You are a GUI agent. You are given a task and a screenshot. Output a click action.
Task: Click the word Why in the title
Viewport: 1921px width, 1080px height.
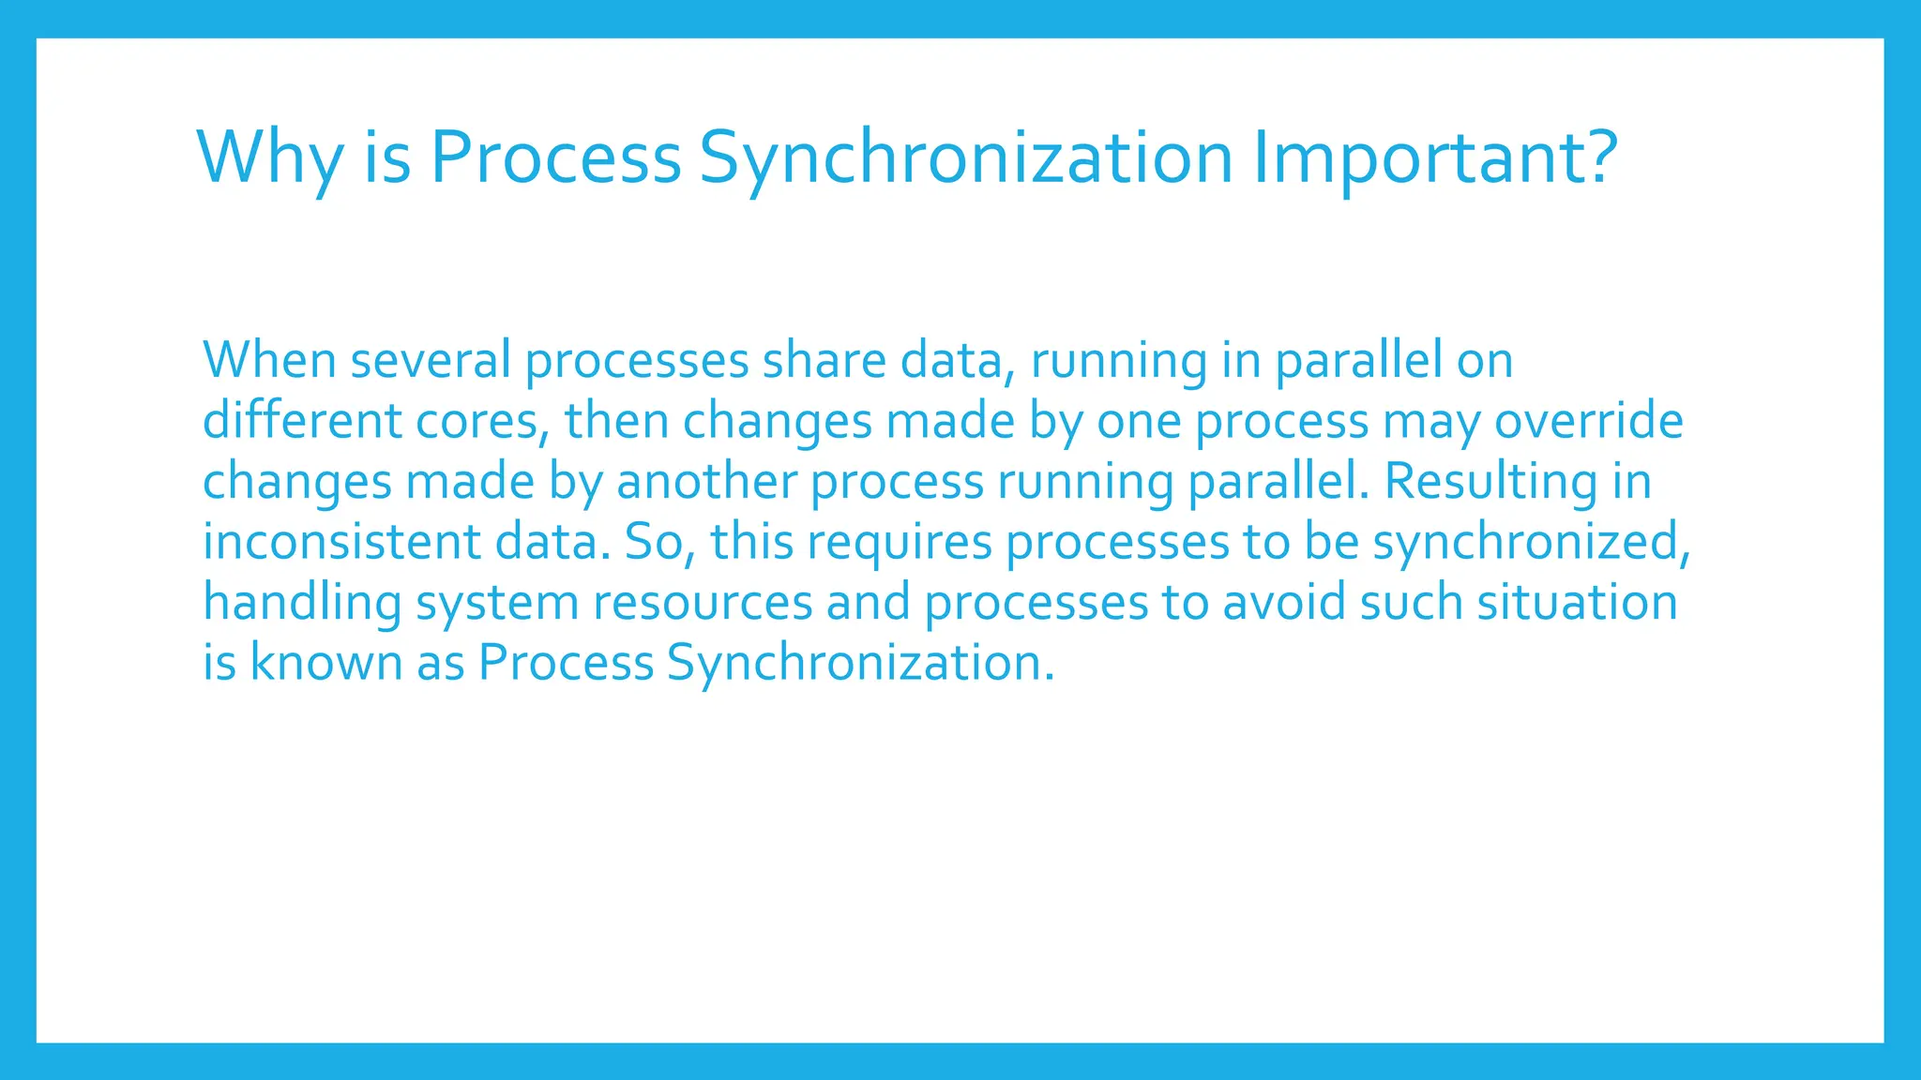coord(270,157)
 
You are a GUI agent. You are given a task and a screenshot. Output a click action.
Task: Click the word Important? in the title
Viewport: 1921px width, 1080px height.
coord(1435,157)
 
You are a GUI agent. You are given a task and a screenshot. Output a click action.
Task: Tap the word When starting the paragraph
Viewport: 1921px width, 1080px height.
coord(269,360)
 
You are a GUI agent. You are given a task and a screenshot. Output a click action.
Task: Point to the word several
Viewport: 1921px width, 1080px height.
coord(431,360)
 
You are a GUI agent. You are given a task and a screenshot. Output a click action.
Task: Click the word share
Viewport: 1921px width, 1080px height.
coord(824,360)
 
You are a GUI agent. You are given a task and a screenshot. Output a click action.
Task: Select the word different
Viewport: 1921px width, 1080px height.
coord(302,421)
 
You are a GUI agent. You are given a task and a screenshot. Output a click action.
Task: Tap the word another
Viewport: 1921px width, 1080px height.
coord(706,482)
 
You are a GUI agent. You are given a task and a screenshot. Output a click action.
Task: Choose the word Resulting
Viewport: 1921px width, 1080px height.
coord(1490,482)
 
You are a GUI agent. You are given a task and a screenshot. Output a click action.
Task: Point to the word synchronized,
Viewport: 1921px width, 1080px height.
coord(1531,542)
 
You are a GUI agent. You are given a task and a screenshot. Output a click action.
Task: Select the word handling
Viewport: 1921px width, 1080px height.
coord(302,602)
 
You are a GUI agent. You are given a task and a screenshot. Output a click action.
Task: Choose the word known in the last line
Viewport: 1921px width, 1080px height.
coord(325,663)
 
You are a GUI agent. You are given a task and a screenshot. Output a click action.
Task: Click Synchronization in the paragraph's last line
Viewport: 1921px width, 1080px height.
coord(860,663)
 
